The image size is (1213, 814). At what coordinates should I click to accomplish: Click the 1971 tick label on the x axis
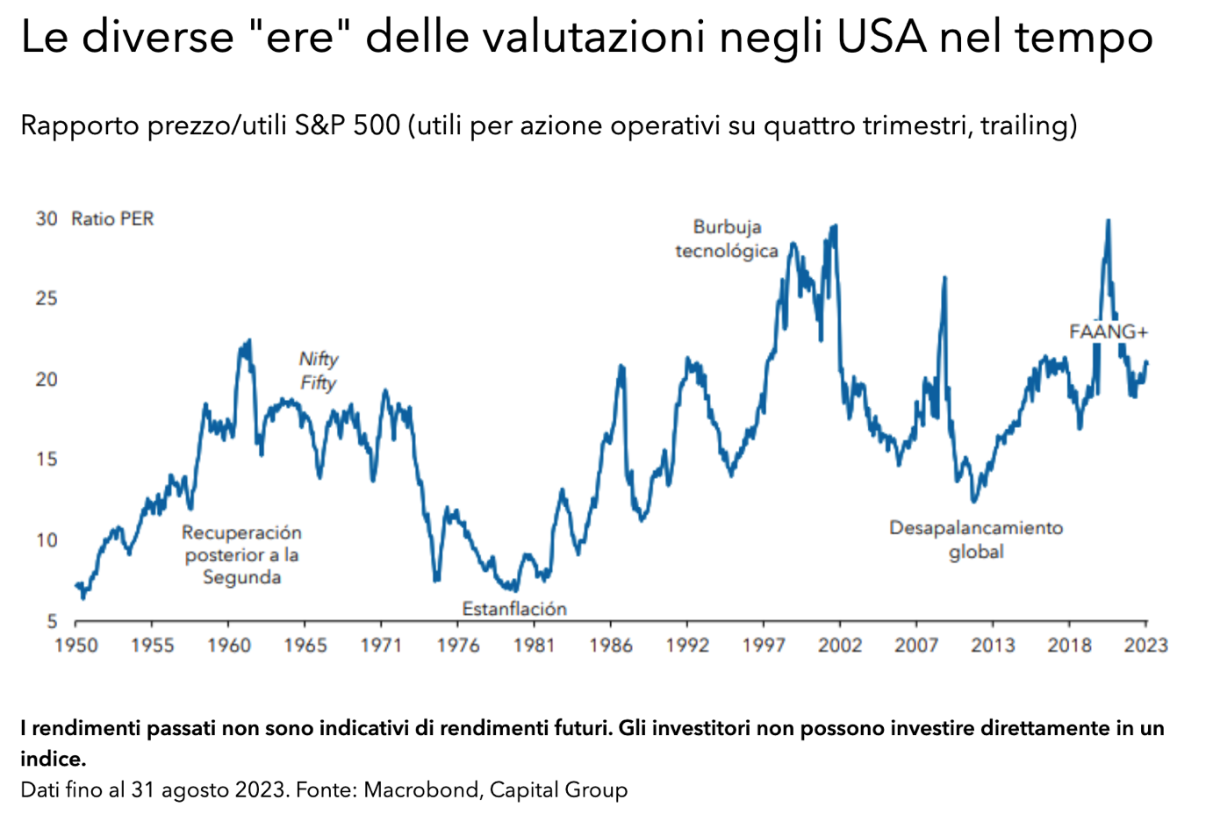click(x=381, y=646)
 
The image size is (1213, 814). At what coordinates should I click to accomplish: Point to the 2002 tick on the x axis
click(x=840, y=646)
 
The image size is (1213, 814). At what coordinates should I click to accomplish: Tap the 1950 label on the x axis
click(x=76, y=646)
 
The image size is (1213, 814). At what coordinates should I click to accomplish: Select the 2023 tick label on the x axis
click(x=1145, y=646)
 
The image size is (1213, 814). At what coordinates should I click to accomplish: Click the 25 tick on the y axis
click(x=47, y=299)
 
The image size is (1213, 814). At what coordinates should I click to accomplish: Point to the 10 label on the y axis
click(x=47, y=540)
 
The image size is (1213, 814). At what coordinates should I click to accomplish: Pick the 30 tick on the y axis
click(x=47, y=218)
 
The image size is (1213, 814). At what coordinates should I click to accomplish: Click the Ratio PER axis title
click(x=112, y=219)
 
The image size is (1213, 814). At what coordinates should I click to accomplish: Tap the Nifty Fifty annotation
click(x=318, y=371)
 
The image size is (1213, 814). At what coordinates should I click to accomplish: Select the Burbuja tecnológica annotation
click(x=727, y=239)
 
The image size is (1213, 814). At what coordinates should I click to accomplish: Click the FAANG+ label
click(x=1108, y=332)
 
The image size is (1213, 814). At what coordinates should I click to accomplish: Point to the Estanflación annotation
click(x=514, y=609)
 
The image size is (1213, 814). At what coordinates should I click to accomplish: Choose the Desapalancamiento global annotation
click(x=976, y=539)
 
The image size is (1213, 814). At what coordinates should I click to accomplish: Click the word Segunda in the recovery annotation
click(x=241, y=577)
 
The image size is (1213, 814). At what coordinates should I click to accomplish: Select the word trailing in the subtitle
click(x=1024, y=125)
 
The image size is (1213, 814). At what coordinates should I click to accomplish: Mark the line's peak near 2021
click(x=1108, y=221)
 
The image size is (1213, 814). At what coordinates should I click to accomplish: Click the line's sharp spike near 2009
click(x=944, y=278)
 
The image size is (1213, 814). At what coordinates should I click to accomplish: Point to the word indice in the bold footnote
click(x=53, y=759)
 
